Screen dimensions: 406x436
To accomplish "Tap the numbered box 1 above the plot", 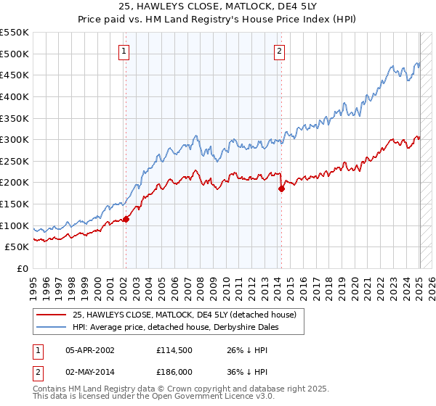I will [125, 51].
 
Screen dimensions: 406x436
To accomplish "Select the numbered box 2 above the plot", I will [280, 51].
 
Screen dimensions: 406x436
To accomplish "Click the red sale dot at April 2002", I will [125, 219].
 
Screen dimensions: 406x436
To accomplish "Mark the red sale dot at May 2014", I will [281, 188].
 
